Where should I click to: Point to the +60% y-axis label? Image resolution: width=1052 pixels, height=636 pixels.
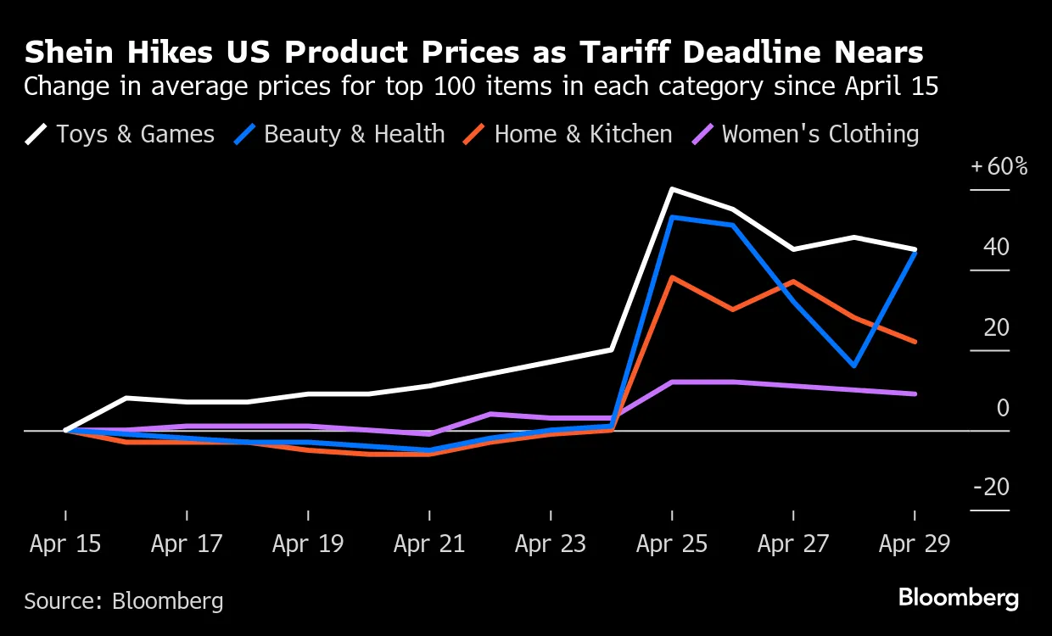pyautogui.click(x=999, y=166)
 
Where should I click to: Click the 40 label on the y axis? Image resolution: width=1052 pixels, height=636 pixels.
pyautogui.click(x=997, y=248)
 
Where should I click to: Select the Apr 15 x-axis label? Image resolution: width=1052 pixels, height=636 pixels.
pyautogui.click(x=65, y=544)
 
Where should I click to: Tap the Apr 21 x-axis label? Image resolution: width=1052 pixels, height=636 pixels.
pyautogui.click(x=429, y=544)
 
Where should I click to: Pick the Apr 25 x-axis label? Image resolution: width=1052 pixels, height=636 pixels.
pyautogui.click(x=672, y=544)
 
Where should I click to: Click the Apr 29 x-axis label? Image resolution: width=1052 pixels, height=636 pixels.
pyautogui.click(x=915, y=544)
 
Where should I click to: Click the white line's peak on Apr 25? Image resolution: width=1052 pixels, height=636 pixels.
pyautogui.click(x=672, y=189)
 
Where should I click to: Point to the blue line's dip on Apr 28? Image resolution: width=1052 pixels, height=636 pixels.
pyautogui.click(x=854, y=366)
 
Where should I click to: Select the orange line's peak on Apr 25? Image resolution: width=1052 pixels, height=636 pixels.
pyautogui.click(x=672, y=277)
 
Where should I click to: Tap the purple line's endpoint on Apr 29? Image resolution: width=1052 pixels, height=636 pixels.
pyautogui.click(x=915, y=393)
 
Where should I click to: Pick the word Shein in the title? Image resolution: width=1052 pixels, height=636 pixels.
pyautogui.click(x=68, y=53)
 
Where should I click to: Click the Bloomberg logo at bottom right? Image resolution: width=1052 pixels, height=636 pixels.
pyautogui.click(x=959, y=598)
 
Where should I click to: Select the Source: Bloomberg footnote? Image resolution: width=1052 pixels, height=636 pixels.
pyautogui.click(x=124, y=601)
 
